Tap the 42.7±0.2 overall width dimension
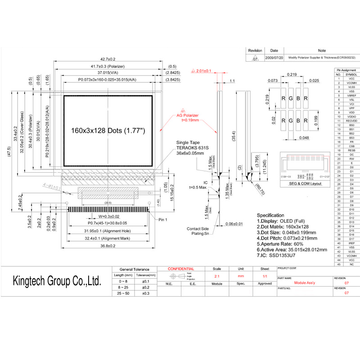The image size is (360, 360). (x=108, y=59)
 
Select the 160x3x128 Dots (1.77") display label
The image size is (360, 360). (x=108, y=130)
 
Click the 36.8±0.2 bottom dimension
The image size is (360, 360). (x=108, y=246)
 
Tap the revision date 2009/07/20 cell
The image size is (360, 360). (x=274, y=58)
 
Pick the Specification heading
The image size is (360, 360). (x=270, y=215)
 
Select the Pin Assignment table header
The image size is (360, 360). (x=346, y=70)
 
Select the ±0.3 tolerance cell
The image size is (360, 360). (x=145, y=293)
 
